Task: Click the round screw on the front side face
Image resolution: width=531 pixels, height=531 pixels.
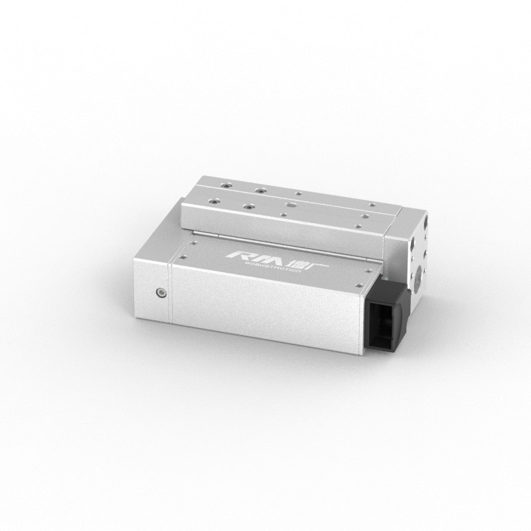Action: (160, 292)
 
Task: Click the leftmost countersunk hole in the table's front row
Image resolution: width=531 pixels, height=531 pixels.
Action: (212, 198)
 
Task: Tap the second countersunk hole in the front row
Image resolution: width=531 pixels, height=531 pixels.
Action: (248, 206)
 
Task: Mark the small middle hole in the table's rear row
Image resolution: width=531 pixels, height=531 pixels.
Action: (299, 193)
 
